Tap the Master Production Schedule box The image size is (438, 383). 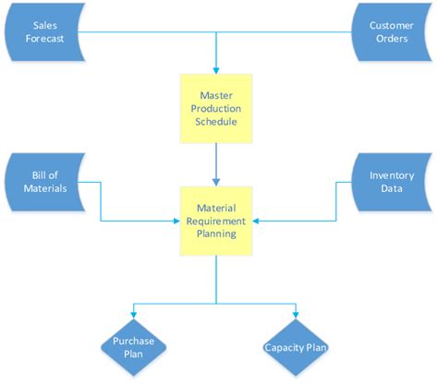point(216,109)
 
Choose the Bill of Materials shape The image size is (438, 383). point(43,182)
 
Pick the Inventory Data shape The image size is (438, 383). point(391,182)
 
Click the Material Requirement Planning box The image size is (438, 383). point(216,221)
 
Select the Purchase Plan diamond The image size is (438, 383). point(133,348)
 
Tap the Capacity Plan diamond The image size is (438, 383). point(296,348)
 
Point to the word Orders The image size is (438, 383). point(391,40)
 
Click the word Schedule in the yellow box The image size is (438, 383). point(216,122)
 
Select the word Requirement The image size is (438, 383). point(216,221)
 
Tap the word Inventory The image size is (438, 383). point(391,174)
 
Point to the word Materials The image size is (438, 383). point(45,189)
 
